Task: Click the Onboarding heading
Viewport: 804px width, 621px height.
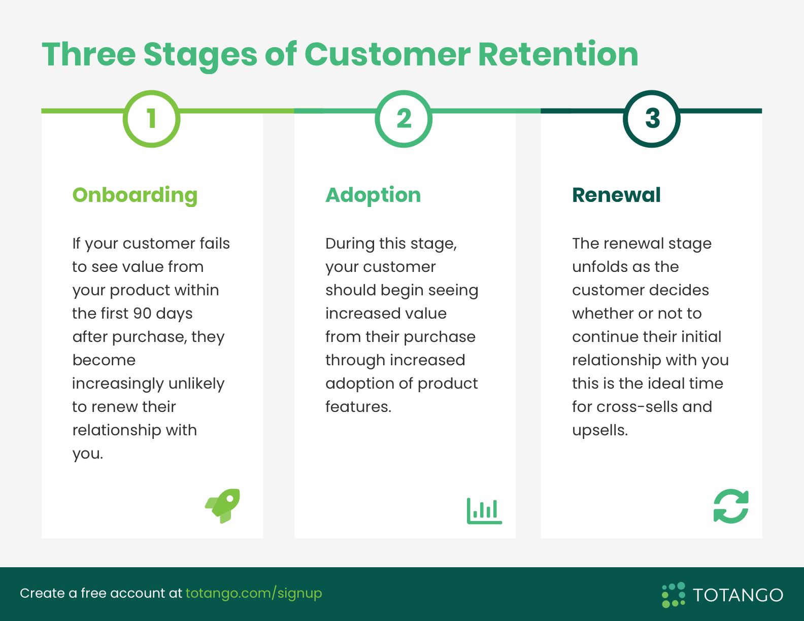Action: pos(135,195)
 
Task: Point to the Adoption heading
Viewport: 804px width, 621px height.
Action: pos(373,195)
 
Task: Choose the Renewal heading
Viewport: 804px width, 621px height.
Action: pos(616,195)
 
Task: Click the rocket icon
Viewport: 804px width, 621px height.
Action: pos(223,506)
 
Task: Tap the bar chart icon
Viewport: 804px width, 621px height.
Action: pos(484,511)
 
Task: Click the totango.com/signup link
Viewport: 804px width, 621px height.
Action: pos(254,593)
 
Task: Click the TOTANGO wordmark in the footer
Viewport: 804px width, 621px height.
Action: pos(738,595)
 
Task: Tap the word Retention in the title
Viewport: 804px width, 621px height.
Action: pos(558,54)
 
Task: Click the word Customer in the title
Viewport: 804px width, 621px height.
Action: pos(387,54)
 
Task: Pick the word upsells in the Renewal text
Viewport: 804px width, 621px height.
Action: pos(600,430)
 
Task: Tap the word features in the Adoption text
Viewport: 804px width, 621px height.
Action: pos(358,406)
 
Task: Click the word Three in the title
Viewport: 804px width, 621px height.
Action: pos(89,54)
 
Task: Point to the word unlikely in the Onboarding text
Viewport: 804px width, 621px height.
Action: pos(196,384)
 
